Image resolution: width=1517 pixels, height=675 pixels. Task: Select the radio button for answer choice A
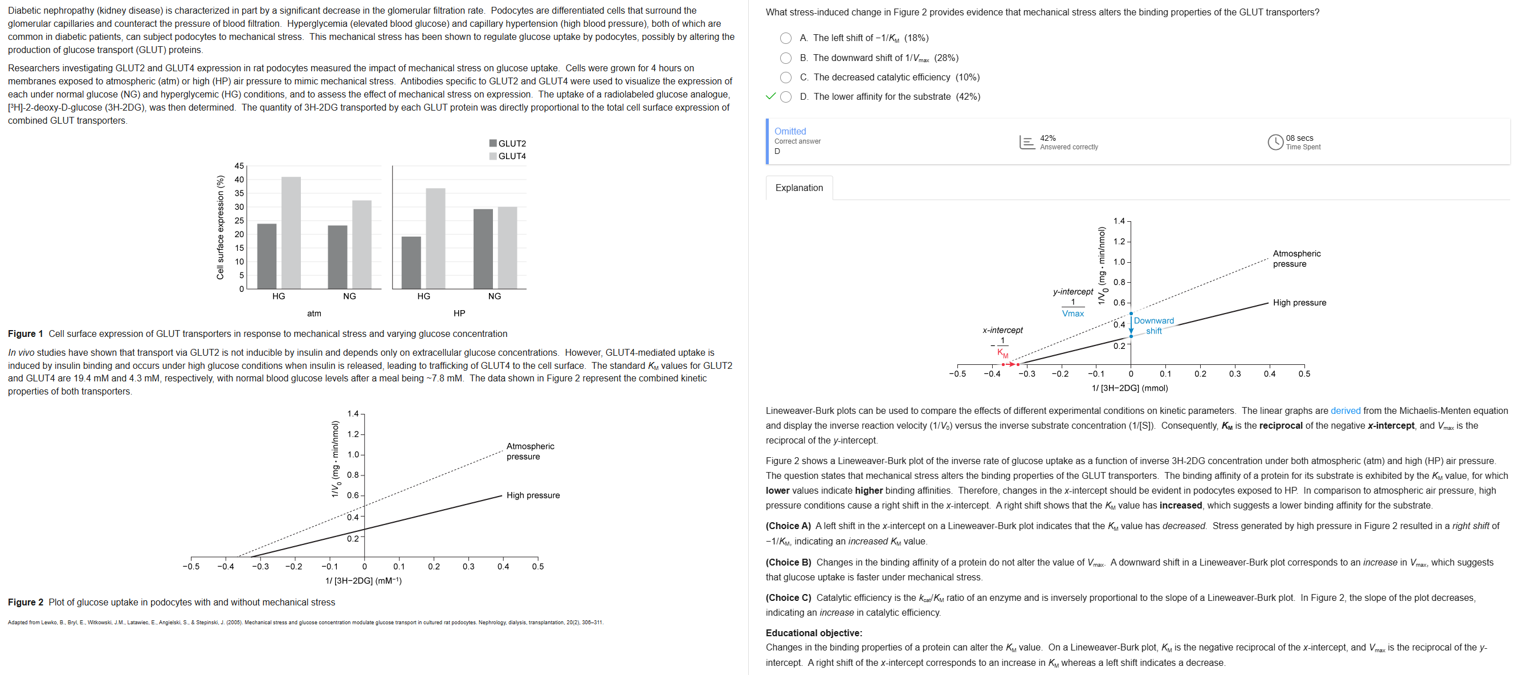point(786,38)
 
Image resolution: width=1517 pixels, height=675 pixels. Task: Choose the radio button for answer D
point(786,97)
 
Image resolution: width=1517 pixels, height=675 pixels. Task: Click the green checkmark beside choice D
point(770,96)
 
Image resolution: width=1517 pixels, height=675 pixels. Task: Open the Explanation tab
point(798,188)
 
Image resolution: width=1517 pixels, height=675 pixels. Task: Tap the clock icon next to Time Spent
point(1275,143)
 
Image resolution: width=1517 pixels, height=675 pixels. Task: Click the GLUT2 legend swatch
point(493,143)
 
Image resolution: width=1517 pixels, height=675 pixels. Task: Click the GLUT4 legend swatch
point(493,156)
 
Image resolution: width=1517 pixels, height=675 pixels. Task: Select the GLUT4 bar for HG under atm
point(291,233)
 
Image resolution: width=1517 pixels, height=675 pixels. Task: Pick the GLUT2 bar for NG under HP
point(483,249)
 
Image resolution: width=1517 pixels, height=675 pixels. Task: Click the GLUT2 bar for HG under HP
point(411,263)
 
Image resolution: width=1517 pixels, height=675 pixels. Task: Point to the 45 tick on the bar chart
point(239,166)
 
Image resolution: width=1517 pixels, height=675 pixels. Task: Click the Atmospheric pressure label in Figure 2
point(530,451)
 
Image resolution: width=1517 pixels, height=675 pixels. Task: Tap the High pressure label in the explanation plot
point(1299,303)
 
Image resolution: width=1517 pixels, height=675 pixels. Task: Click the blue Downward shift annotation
point(1153,326)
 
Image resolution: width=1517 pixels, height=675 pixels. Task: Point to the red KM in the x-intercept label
point(1002,354)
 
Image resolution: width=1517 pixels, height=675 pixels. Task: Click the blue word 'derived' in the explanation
point(1345,411)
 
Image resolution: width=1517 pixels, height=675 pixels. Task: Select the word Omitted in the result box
point(790,131)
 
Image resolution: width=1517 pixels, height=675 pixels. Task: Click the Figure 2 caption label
point(25,602)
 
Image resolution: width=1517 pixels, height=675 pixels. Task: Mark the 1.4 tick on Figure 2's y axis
point(353,414)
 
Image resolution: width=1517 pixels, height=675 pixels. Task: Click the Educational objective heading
point(813,633)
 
